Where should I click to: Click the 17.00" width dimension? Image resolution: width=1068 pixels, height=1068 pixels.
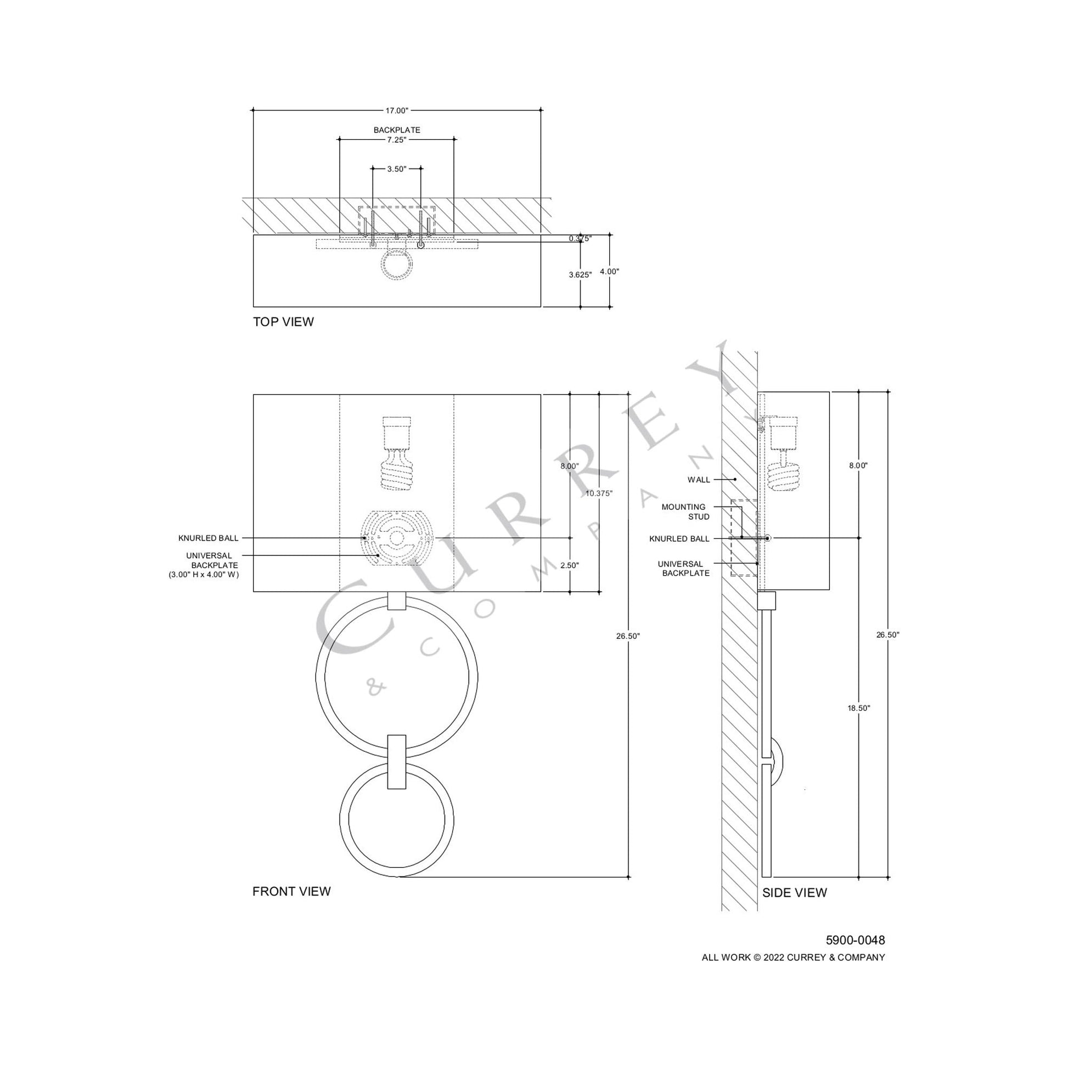396,110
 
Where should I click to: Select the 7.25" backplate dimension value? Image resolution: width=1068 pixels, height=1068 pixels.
396,140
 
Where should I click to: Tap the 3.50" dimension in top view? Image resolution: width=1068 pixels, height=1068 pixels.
396,169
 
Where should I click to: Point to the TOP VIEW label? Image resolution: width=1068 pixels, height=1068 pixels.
283,322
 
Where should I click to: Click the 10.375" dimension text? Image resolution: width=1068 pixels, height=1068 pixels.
599,493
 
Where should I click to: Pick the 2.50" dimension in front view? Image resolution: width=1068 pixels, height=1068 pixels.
569,565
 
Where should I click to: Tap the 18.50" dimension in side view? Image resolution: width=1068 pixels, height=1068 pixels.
859,708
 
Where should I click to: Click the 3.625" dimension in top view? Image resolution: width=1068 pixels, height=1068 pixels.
580,274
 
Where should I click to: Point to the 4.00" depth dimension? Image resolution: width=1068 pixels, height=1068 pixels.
609,272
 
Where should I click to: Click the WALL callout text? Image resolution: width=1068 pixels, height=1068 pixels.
699,480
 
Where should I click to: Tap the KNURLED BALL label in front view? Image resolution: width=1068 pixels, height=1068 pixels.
209,538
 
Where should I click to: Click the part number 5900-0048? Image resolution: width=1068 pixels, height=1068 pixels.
855,940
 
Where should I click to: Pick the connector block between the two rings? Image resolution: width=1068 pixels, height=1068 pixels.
396,762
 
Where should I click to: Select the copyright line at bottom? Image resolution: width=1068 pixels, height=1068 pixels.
793,958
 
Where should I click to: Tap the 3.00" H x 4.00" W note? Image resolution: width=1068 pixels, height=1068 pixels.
204,575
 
